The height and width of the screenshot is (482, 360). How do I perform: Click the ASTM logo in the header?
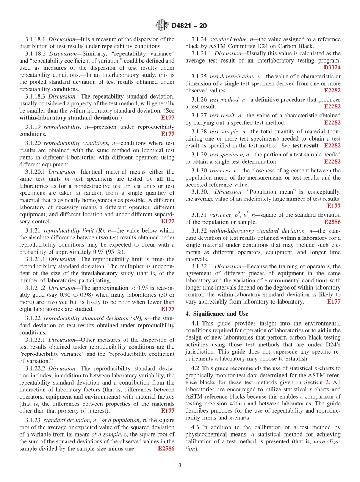click(x=161, y=26)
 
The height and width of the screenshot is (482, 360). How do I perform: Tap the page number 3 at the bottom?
click(x=180, y=465)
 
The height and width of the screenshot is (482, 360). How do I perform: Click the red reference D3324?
click(x=332, y=67)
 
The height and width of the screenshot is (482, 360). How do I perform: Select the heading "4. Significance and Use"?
click(x=217, y=314)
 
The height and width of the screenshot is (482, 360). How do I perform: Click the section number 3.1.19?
click(x=33, y=127)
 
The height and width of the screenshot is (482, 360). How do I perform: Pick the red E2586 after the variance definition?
click(x=332, y=222)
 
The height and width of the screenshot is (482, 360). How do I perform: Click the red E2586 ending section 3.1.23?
click(x=166, y=449)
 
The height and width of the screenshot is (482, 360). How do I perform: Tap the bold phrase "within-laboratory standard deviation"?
click(x=69, y=117)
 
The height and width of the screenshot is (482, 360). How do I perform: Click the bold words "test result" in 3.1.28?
click(x=305, y=146)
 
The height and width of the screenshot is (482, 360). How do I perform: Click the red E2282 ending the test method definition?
click(x=332, y=106)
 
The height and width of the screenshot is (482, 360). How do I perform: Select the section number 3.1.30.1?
click(x=202, y=192)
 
